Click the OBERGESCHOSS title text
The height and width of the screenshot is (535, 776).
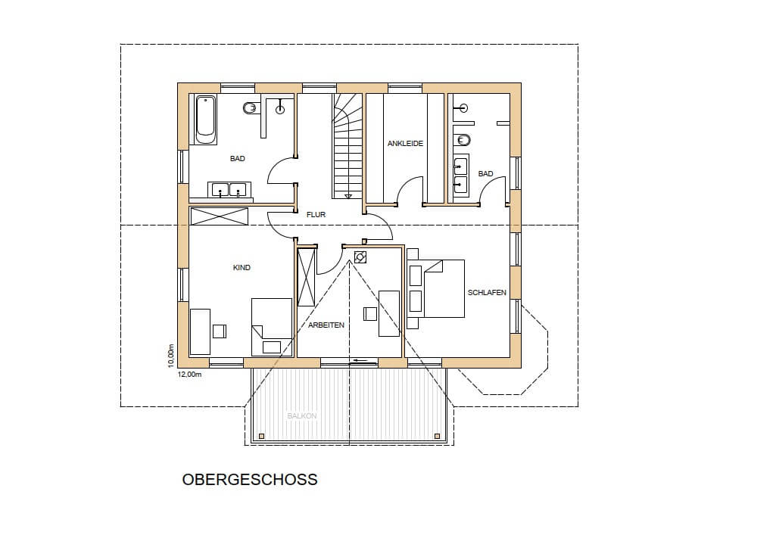tap(250, 479)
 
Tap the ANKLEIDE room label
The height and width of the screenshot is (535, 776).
tap(405, 143)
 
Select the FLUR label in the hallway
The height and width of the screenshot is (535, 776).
tap(316, 215)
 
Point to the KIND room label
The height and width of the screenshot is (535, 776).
tap(242, 268)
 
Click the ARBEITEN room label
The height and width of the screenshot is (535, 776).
tap(326, 325)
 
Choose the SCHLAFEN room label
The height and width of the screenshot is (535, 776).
tap(487, 293)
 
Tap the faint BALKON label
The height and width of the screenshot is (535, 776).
tap(302, 416)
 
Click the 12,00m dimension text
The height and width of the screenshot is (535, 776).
tap(189, 375)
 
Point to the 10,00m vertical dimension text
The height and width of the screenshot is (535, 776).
tap(171, 356)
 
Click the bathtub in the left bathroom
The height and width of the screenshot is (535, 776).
tap(205, 120)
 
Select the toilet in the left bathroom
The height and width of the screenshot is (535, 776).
tap(251, 107)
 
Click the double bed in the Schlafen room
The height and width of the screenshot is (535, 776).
tap(435, 289)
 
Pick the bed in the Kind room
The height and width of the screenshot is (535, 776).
tap(271, 327)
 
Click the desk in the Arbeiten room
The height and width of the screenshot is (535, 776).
tap(389, 313)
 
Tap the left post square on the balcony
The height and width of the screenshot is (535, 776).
tap(261, 436)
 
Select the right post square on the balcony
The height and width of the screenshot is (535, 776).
tap(437, 436)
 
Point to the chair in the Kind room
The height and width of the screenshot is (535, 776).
tap(220, 331)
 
